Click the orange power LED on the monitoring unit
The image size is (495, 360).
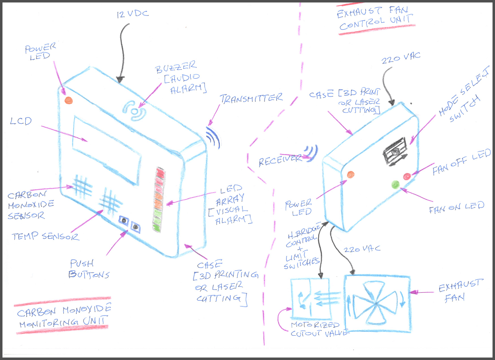pos(69,100)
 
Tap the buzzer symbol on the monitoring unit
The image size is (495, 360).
pos(135,110)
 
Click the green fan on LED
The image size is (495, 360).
pos(395,185)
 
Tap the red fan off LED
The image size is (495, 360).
pos(407,176)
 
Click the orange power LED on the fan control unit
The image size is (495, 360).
pos(350,174)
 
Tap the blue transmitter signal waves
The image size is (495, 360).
pos(213,138)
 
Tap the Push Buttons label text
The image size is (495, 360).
pos(90,269)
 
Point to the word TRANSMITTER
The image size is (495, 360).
pos(251,98)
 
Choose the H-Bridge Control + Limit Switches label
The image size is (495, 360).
pos(302,245)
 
